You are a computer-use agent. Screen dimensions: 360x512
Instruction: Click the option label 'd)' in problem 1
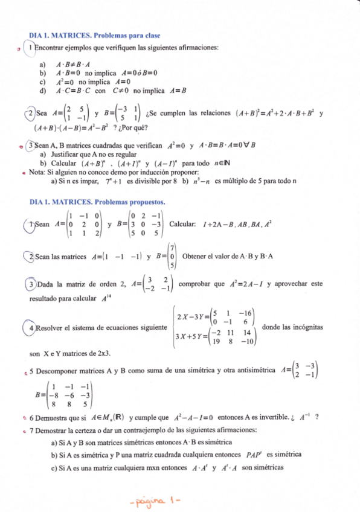point(42,91)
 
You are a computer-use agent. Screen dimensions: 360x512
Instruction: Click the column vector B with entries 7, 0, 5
point(172,256)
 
